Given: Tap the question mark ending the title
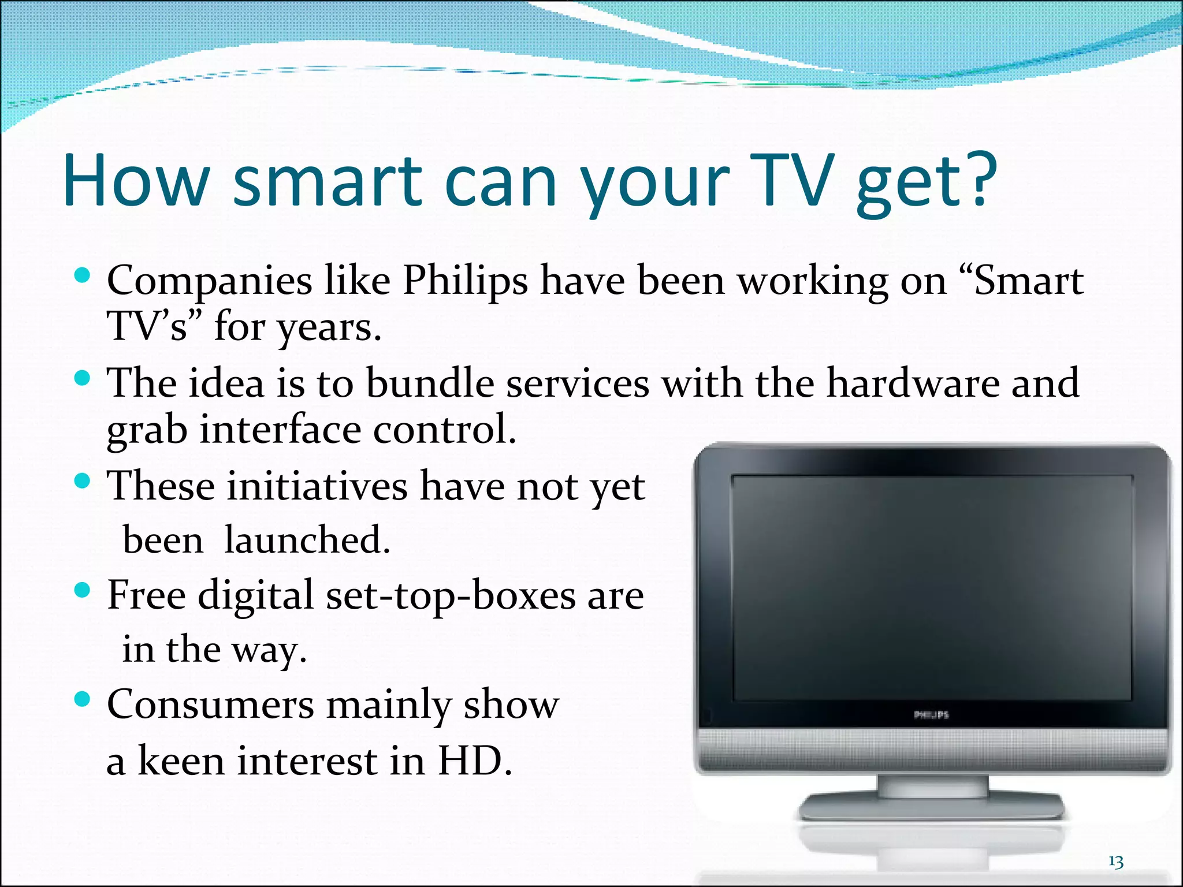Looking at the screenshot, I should click(980, 180).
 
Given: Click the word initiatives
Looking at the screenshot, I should click(317, 486).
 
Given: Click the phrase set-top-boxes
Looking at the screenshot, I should click(451, 596).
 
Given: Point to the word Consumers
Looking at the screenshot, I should click(210, 705).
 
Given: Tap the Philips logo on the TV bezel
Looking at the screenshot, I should click(931, 715).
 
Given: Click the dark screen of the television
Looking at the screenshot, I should click(931, 589).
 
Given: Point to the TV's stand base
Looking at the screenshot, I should click(931, 806).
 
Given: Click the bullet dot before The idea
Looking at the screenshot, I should click(83, 378).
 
